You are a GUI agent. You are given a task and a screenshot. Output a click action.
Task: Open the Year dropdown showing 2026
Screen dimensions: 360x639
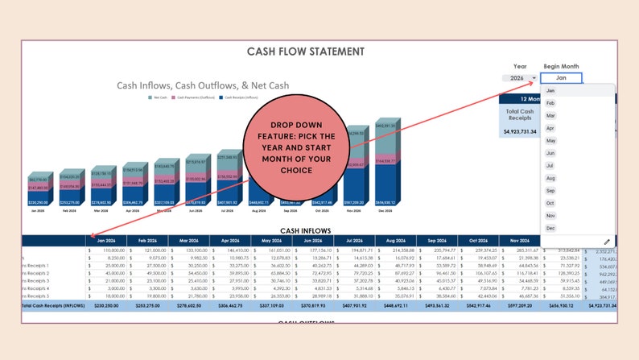pyautogui.click(x=524, y=78)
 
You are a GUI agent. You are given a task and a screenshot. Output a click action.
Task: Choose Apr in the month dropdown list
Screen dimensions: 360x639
pyautogui.click(x=551, y=128)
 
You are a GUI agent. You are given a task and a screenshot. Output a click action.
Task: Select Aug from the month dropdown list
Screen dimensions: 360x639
pyautogui.click(x=551, y=178)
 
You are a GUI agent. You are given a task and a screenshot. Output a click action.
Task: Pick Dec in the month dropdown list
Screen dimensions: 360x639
pyautogui.click(x=551, y=229)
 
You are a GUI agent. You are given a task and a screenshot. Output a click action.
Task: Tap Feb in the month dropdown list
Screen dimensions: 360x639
pyautogui.click(x=550, y=103)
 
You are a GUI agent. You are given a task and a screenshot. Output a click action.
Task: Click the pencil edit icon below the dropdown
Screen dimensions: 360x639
pyautogui.click(x=607, y=242)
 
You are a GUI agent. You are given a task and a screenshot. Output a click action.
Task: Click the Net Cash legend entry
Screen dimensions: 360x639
pyautogui.click(x=159, y=97)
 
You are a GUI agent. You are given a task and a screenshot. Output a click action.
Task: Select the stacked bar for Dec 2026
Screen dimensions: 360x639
pyautogui.click(x=387, y=161)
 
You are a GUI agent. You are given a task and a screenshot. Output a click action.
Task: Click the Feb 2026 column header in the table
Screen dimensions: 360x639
pyautogui.click(x=147, y=241)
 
